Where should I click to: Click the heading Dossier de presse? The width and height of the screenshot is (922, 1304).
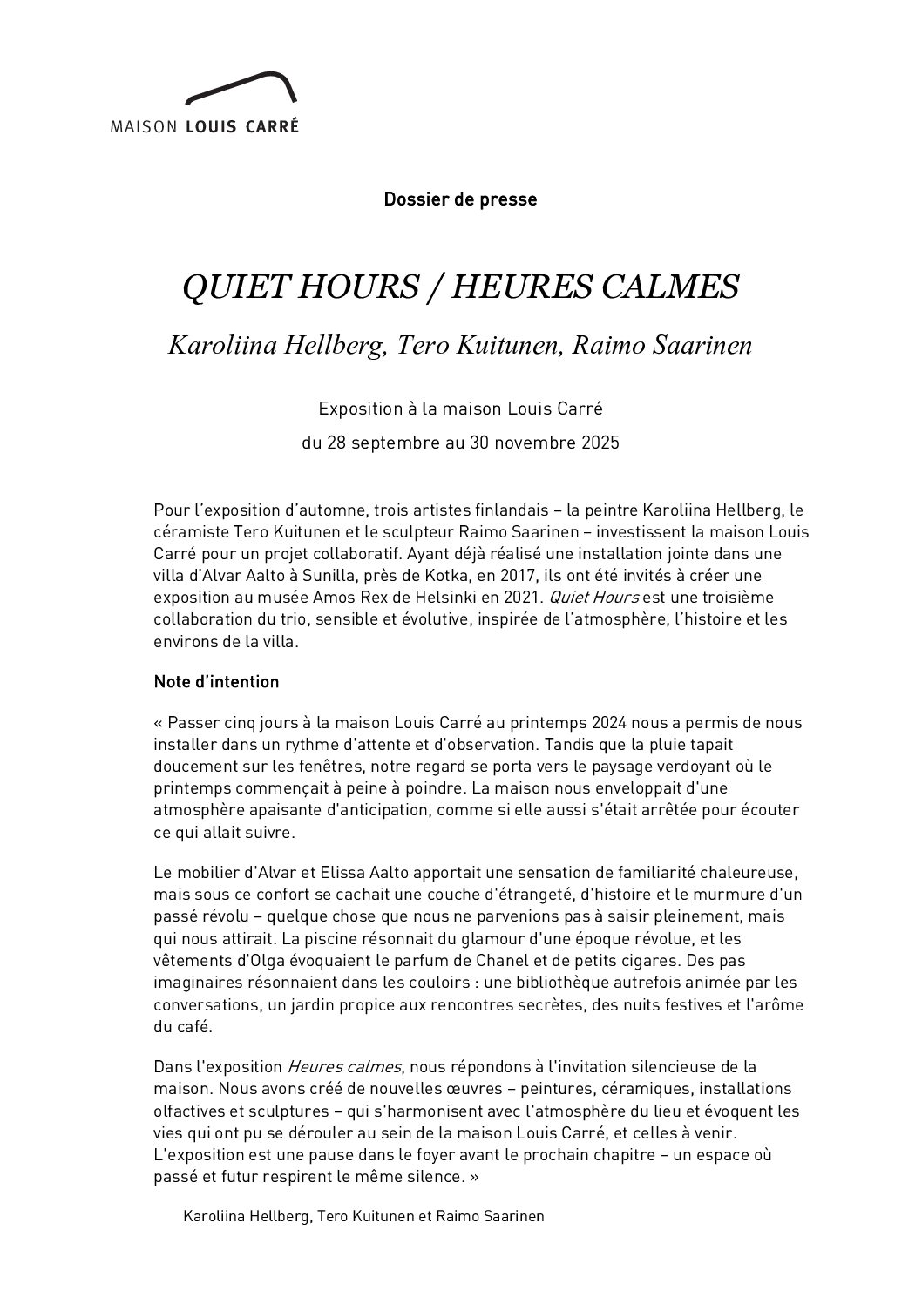coord(460,199)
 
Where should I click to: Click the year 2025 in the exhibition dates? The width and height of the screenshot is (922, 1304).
coord(600,443)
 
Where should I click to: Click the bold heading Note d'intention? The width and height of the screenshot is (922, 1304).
coord(216,682)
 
